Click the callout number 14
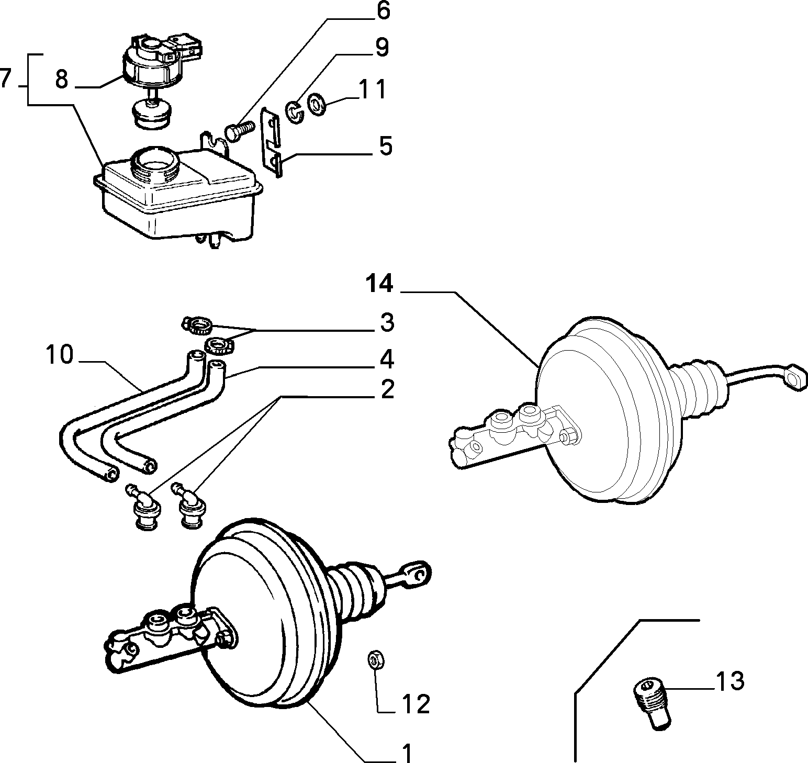[x=378, y=284]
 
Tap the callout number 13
[x=729, y=681]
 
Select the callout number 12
[x=416, y=704]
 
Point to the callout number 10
[x=59, y=355]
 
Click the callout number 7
[x=6, y=78]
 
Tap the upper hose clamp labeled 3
[x=197, y=327]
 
